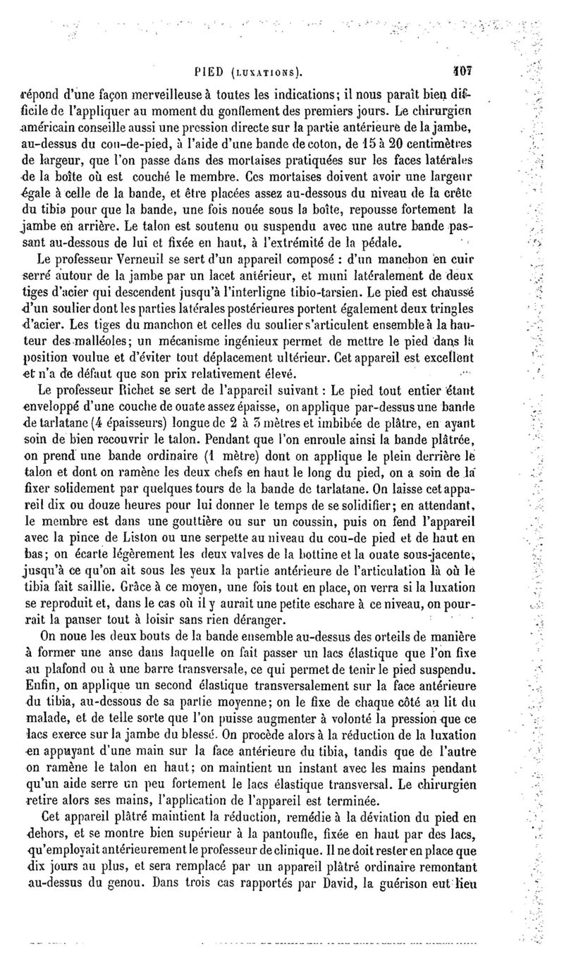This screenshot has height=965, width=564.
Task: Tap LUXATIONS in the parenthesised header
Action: (264, 72)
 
